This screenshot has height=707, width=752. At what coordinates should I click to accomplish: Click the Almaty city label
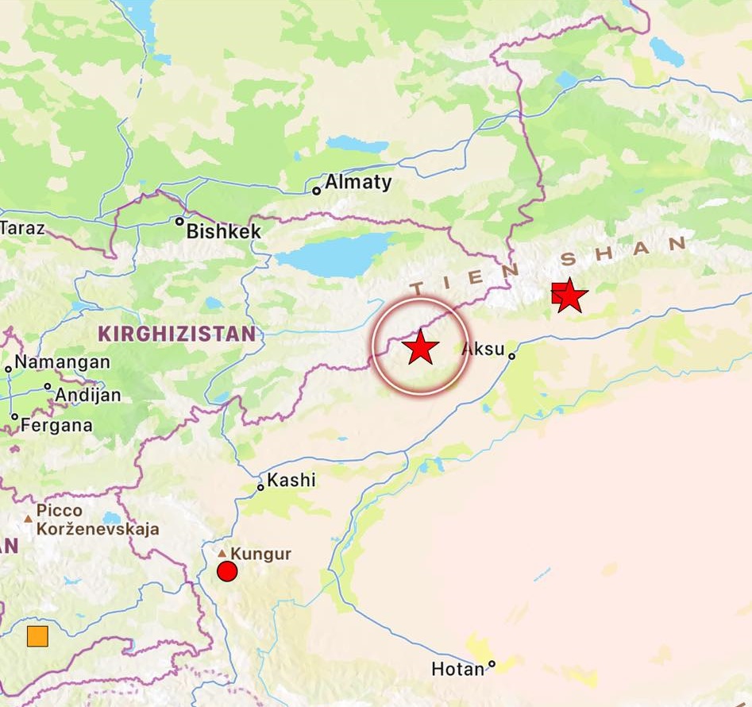click(358, 182)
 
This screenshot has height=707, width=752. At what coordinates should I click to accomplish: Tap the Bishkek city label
click(223, 232)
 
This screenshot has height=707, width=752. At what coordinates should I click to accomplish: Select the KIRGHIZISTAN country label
click(177, 334)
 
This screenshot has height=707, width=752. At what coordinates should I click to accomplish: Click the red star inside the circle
click(420, 347)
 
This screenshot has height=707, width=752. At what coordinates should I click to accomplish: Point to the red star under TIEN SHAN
click(570, 296)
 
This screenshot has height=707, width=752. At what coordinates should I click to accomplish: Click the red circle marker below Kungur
click(227, 571)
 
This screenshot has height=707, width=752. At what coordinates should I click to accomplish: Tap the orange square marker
click(37, 636)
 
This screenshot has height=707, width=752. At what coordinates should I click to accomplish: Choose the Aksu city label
click(482, 348)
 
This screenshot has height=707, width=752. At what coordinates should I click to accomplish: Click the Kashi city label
click(291, 480)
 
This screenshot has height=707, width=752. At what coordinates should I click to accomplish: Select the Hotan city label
click(457, 670)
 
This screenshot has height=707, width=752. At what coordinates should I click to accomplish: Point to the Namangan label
click(62, 362)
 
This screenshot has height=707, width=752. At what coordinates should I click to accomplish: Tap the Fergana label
click(56, 425)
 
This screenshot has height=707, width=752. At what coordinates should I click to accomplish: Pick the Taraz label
click(22, 229)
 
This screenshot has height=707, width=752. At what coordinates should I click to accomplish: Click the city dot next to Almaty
click(316, 191)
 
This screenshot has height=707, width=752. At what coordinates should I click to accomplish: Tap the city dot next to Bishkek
click(179, 222)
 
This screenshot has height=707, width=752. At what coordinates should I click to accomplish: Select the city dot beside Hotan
click(492, 664)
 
